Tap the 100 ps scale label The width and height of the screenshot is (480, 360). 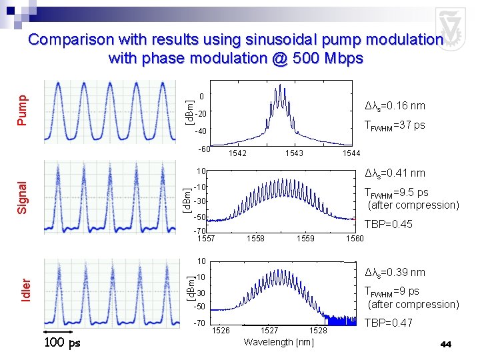click(x=62, y=343)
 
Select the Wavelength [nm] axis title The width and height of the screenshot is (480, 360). click(x=279, y=343)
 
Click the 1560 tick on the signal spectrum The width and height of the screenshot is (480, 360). click(x=355, y=239)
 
